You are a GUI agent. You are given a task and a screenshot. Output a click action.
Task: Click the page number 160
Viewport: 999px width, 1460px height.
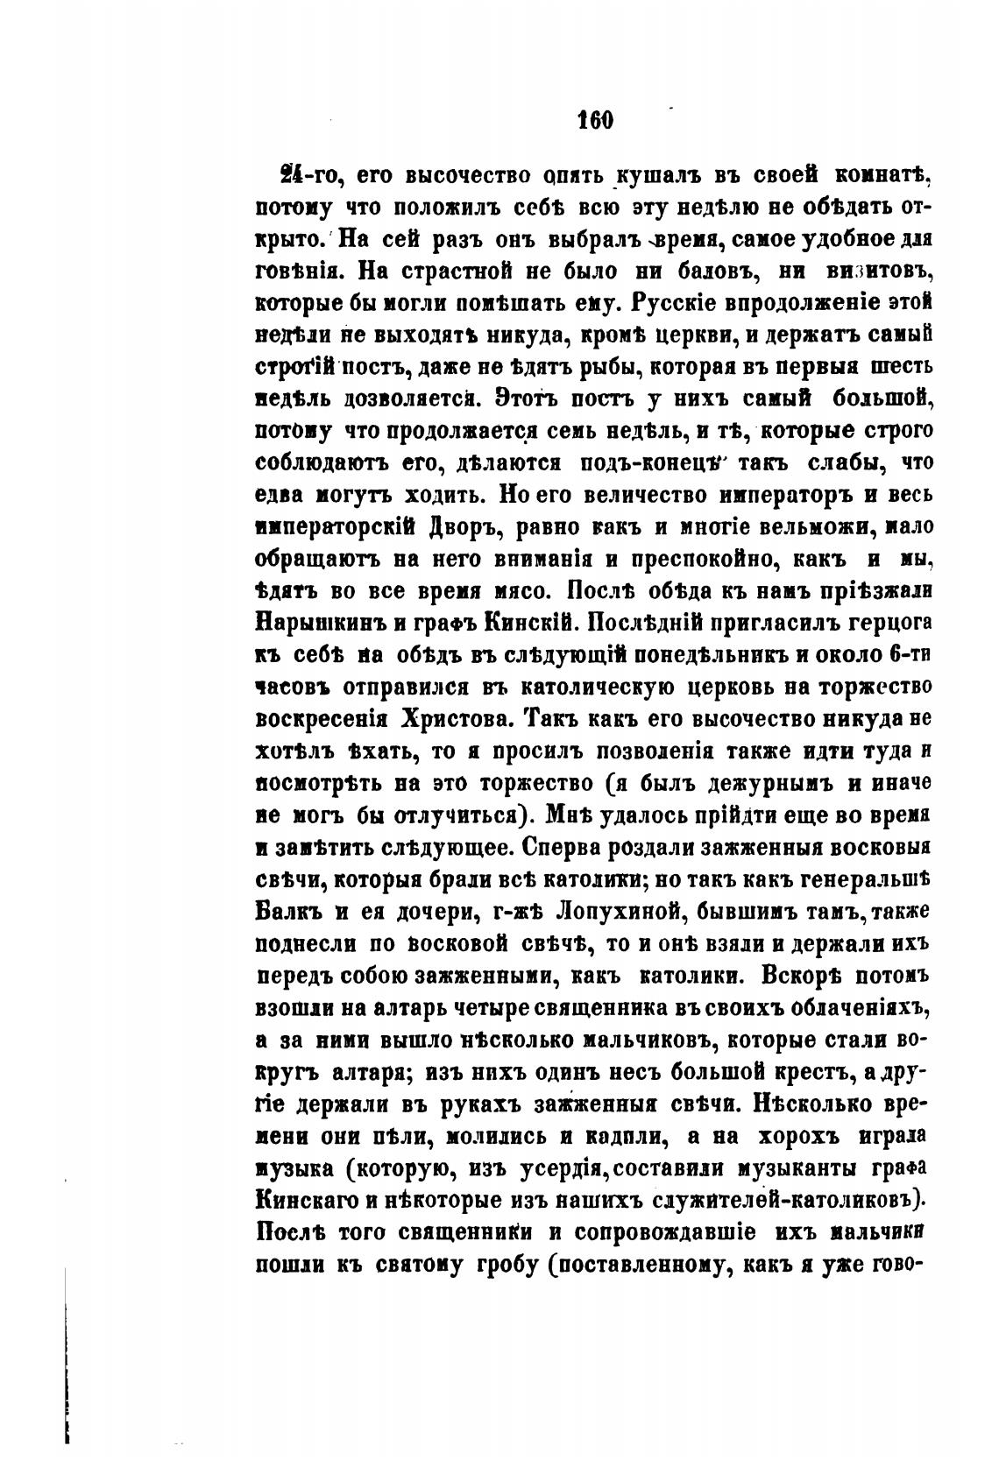tap(596, 120)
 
